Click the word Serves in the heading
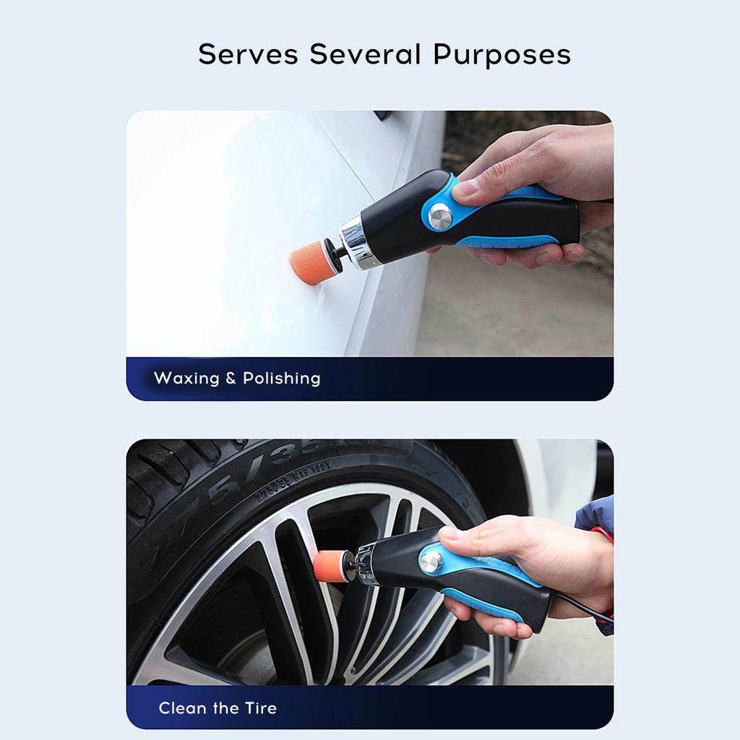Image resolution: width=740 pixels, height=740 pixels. coord(248,54)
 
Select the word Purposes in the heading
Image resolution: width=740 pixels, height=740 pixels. coord(502,56)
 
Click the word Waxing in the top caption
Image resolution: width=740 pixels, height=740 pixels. coord(189,378)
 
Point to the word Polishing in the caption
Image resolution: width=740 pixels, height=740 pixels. coord(281,379)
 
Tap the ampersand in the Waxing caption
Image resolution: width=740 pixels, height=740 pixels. coord(231,378)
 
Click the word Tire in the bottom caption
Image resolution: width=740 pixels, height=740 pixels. coord(260,707)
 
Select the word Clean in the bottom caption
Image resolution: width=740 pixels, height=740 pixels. coord(184,707)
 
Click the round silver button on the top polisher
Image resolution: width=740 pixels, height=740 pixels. coord(439,215)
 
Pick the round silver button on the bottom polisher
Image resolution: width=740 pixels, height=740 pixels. coord(431,561)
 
